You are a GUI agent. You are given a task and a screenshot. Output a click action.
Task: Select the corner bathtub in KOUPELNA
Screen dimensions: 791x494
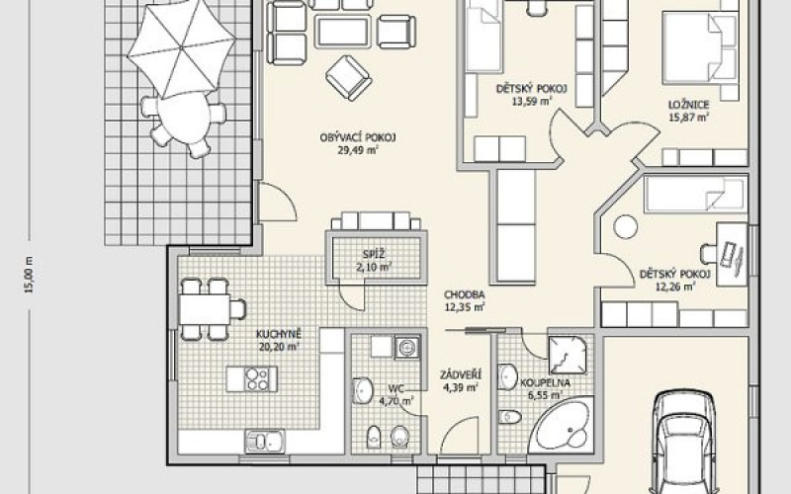[564, 423]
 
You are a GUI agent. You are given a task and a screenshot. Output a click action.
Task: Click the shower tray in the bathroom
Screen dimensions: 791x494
[568, 355]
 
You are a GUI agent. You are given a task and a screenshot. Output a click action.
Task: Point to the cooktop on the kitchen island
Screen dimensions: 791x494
[257, 379]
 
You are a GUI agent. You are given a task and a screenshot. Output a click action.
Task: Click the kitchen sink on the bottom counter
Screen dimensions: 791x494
[265, 442]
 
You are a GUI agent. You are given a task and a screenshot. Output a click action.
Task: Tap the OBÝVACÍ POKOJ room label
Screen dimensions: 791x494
[358, 137]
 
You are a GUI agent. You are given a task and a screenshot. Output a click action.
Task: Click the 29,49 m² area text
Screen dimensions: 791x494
[358, 150]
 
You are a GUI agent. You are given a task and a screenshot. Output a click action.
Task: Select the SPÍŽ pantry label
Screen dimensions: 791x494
[374, 254]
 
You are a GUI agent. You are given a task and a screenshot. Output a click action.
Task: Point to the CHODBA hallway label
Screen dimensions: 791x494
[464, 294]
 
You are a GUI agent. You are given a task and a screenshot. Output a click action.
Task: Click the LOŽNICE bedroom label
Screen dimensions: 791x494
[688, 105]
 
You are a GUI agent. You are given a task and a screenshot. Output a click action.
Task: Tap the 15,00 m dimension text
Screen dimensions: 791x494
[30, 275]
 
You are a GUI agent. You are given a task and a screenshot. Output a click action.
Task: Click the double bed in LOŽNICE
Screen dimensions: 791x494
[700, 47]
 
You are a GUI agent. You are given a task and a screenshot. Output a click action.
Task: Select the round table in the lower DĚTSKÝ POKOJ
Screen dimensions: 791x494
[626, 227]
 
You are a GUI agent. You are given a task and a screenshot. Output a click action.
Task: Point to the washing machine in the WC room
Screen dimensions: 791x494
[406, 348]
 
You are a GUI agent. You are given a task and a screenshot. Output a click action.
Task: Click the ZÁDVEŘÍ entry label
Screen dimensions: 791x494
[461, 375]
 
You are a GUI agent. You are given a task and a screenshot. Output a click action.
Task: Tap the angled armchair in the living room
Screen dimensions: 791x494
[349, 78]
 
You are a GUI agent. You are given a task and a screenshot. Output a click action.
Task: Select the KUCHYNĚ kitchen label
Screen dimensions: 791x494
[279, 334]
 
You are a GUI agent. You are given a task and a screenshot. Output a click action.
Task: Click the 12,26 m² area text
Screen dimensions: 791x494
[675, 288]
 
